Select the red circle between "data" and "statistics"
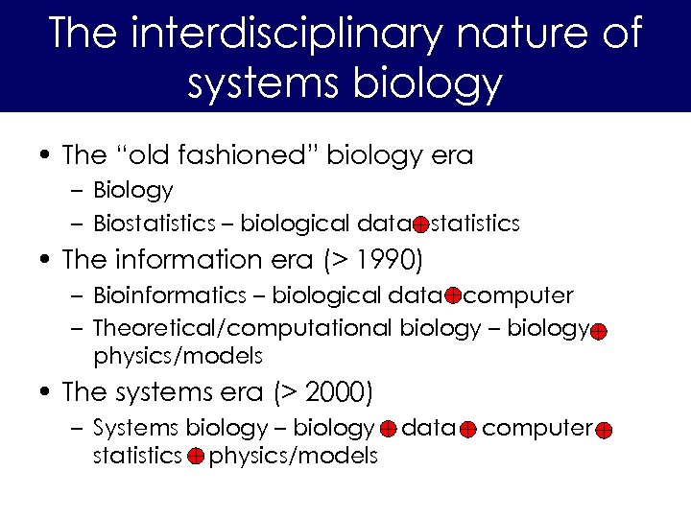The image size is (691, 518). pyautogui.click(x=420, y=224)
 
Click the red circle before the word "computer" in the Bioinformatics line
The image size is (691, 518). pyautogui.click(x=453, y=295)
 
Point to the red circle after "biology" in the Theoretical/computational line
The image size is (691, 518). pyautogui.click(x=597, y=332)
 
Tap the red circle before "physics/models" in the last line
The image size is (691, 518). pyautogui.click(x=194, y=458)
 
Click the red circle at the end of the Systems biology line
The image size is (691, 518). pyautogui.click(x=604, y=431)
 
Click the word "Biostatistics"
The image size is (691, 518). pyautogui.click(x=155, y=224)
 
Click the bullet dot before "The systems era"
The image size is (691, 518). pyautogui.click(x=45, y=392)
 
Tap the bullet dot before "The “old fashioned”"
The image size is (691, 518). pyautogui.click(x=45, y=154)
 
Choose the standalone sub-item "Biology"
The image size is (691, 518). pyautogui.click(x=133, y=191)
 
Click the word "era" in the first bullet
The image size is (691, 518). pyautogui.click(x=453, y=154)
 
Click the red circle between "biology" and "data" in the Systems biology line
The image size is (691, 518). pyautogui.click(x=388, y=430)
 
